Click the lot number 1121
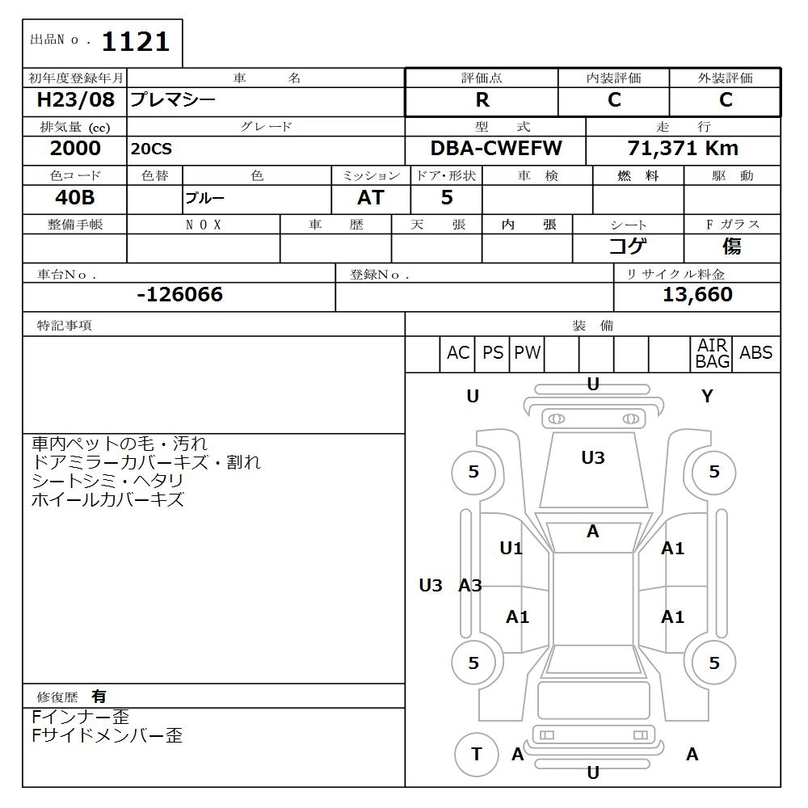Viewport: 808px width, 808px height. coord(136,42)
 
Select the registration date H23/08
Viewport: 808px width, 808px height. coord(75,99)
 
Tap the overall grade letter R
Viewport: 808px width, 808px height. coord(482,100)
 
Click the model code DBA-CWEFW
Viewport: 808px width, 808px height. coord(496,149)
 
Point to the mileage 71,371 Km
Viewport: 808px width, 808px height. coord(683,149)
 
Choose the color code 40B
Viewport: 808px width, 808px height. coord(74,197)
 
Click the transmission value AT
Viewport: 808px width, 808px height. coord(371,197)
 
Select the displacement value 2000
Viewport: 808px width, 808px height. coord(75,149)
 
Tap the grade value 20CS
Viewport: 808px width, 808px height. coord(151,149)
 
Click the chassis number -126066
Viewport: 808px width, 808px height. coord(180,294)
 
